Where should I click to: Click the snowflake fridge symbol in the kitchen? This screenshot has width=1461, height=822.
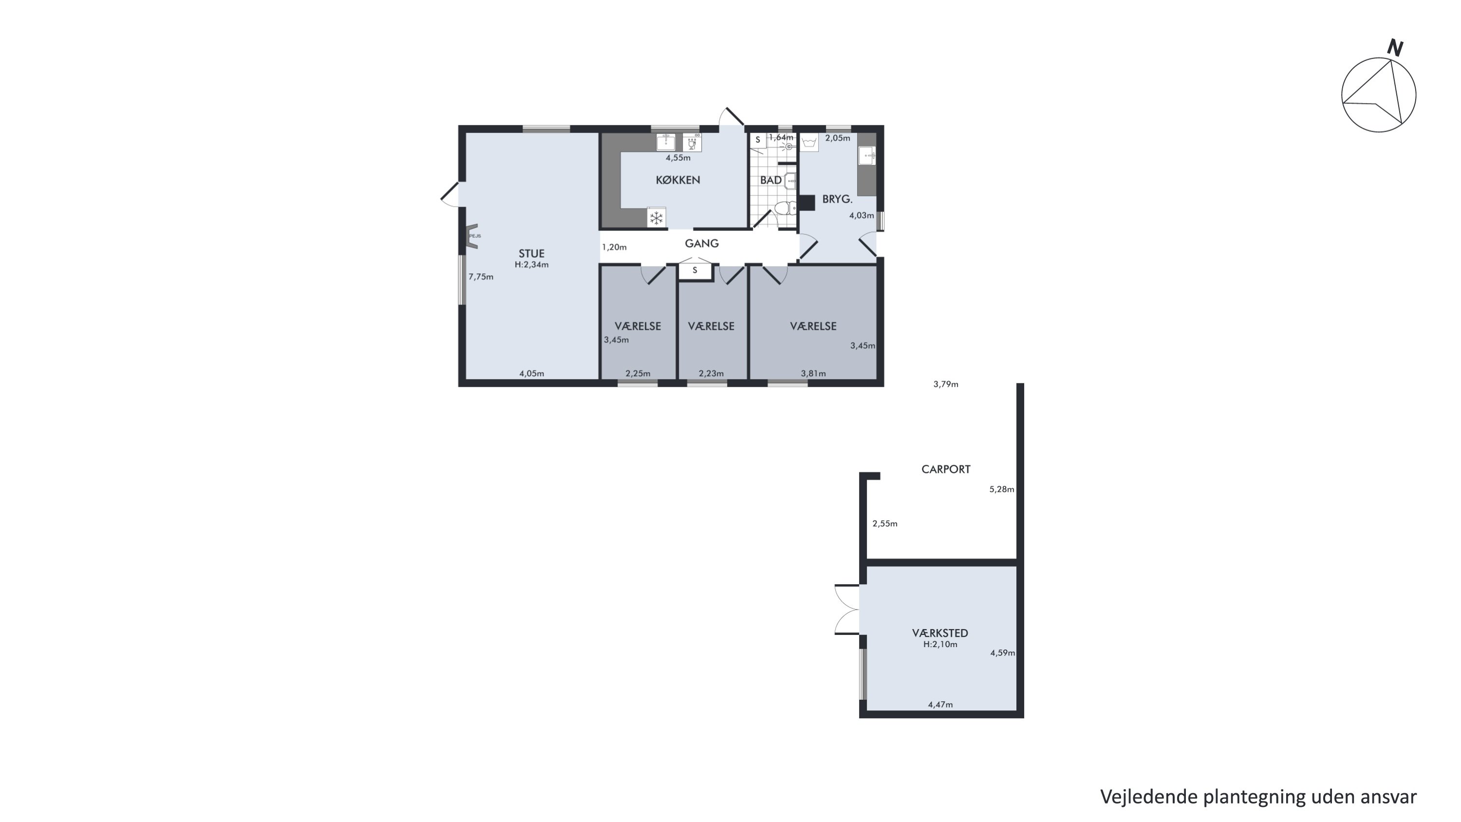coord(656,217)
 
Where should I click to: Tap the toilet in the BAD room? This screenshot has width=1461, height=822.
coord(785,208)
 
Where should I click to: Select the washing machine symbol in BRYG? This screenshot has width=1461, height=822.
coord(809,142)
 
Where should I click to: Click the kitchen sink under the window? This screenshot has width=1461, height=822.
coord(665,142)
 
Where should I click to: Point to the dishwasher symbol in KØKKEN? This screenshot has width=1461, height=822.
coord(692,142)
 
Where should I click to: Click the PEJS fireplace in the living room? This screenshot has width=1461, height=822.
coord(472,236)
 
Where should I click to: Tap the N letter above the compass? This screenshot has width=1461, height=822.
coord(1395,48)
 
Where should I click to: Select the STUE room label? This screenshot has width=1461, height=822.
coord(531,253)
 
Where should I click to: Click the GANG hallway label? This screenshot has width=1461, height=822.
coord(702,243)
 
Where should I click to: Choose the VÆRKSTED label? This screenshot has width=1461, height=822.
coord(940,632)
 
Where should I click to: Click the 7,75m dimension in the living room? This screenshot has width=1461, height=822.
coord(481,277)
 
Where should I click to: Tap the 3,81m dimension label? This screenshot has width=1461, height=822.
coord(813,373)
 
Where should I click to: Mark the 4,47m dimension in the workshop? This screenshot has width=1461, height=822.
coord(940,705)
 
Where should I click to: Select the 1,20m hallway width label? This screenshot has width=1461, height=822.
coord(614,248)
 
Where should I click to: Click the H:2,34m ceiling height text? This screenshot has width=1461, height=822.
coord(531,265)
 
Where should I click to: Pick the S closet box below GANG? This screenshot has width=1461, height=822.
coord(695,270)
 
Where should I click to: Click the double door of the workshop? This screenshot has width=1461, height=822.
coord(847,609)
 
